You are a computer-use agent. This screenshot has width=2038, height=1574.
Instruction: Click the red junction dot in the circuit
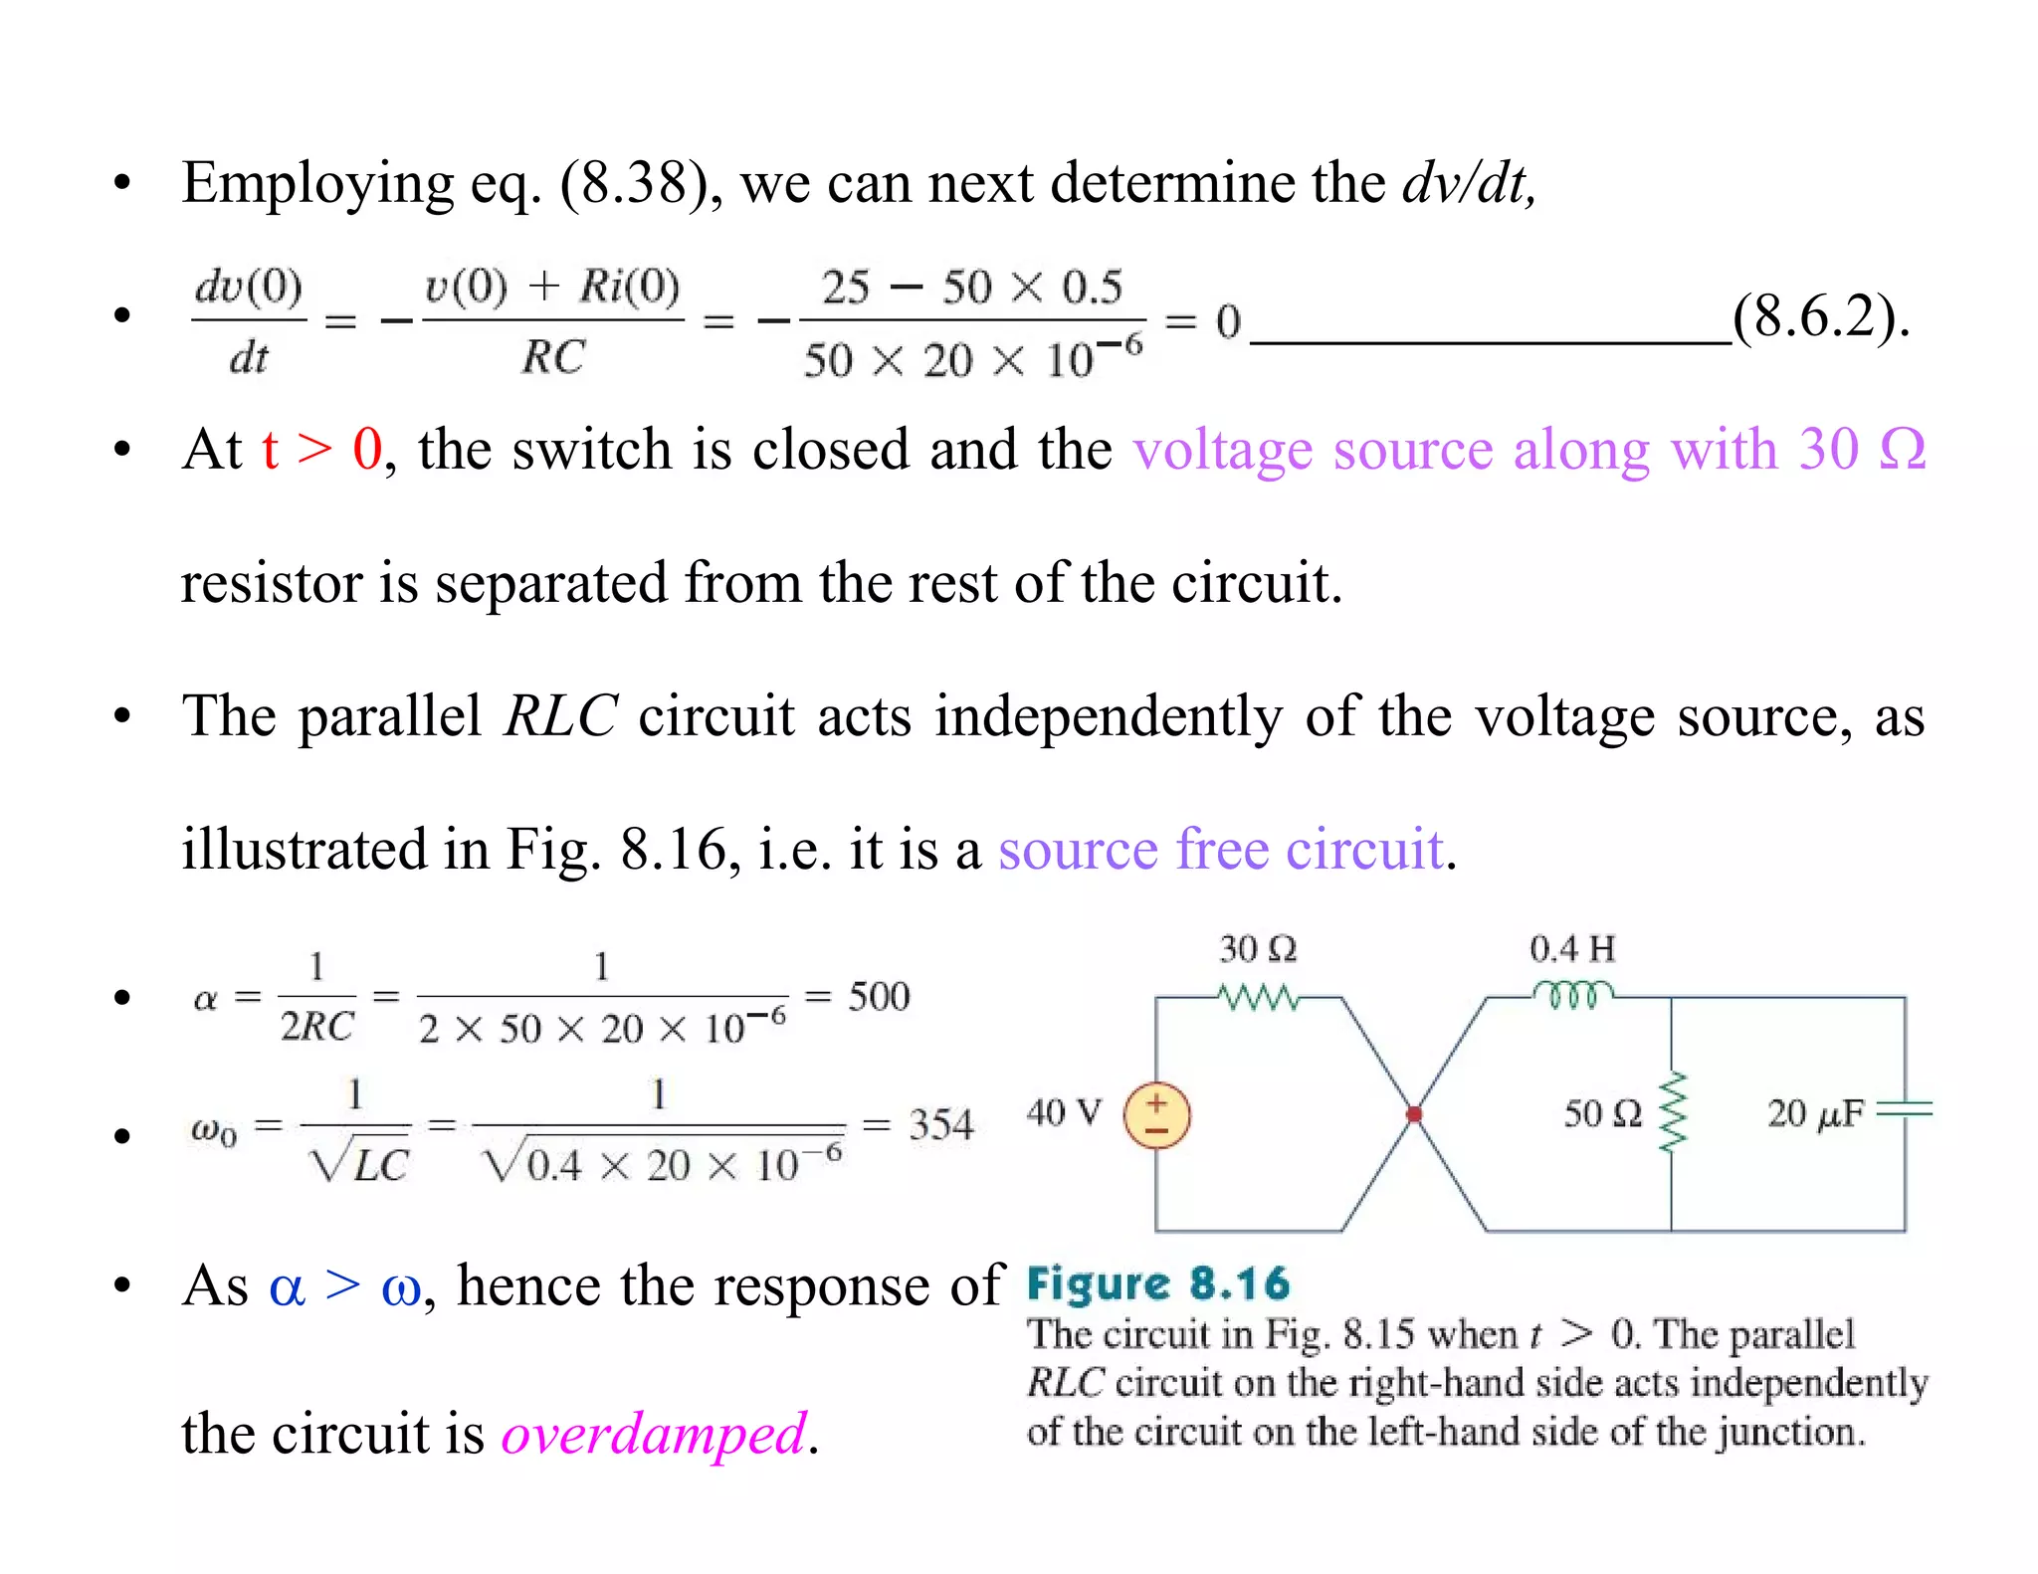[1413, 1114]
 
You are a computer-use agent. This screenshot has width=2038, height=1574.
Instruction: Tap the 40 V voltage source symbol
[1156, 1115]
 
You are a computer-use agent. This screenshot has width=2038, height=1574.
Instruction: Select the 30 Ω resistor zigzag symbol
[1259, 996]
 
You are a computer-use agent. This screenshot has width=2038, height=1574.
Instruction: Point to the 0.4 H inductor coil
[1572, 994]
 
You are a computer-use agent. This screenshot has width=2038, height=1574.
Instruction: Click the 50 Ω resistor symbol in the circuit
[1672, 1112]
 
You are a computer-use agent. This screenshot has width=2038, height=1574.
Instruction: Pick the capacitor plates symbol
[1905, 1110]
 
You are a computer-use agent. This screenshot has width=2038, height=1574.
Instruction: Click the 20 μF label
[1814, 1113]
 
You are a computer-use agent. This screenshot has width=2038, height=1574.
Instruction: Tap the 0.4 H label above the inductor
[1571, 949]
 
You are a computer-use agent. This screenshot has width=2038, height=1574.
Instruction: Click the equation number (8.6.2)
[1820, 317]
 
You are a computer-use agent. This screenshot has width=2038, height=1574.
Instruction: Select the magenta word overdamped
[653, 1434]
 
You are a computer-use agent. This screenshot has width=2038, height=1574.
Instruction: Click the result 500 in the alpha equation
[879, 997]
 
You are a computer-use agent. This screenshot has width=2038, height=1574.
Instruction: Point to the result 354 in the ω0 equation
[940, 1125]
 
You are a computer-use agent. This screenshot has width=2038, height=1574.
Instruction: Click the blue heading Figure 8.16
[1158, 1284]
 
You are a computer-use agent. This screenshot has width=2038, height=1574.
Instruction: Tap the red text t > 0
[321, 449]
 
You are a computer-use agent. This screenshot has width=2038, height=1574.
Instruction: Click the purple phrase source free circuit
[1221, 850]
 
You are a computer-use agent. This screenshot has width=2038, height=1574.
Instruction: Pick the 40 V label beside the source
[1064, 1112]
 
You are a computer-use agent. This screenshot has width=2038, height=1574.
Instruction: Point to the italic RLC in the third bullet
[560, 716]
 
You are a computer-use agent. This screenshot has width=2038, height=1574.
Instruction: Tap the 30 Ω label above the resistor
[1258, 949]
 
